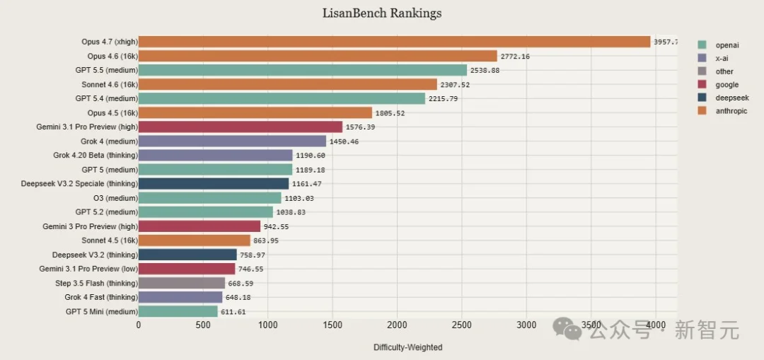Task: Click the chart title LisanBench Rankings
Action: click(381, 13)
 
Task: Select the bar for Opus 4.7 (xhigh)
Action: click(394, 42)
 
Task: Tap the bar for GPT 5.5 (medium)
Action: click(302, 70)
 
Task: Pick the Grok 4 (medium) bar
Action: click(232, 141)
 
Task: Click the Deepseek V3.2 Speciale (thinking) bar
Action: click(213, 184)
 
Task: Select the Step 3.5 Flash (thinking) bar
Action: click(181, 283)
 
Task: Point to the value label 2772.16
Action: click(516, 57)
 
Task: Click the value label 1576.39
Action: click(360, 127)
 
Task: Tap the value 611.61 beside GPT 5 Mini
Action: click(233, 312)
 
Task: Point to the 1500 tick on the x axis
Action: click(332, 325)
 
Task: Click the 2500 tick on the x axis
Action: click(461, 325)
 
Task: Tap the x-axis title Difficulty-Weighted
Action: click(407, 347)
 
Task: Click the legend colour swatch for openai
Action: click(702, 45)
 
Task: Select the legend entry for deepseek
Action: click(731, 98)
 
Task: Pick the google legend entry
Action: click(727, 85)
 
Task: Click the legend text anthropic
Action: click(731, 111)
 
